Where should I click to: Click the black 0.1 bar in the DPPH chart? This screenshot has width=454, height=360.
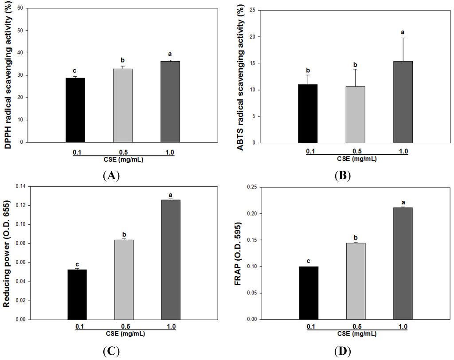(75, 110)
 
